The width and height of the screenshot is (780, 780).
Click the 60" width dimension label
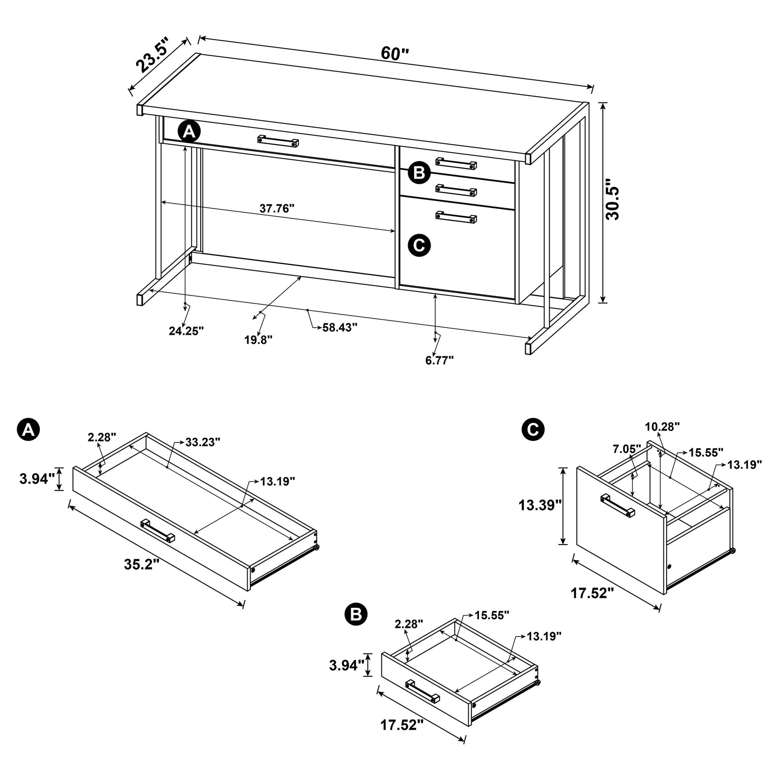[x=394, y=53]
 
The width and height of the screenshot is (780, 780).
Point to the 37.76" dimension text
[x=277, y=208]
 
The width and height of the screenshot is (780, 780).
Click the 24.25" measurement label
[x=186, y=331]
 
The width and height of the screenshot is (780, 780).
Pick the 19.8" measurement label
[x=258, y=340]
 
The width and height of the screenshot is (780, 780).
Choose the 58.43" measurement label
[x=340, y=327]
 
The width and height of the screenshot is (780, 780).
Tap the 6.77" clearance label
[x=439, y=360]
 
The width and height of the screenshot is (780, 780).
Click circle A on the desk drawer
[x=189, y=132]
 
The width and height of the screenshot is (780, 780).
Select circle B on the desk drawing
[x=419, y=173]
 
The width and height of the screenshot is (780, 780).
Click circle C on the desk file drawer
[x=419, y=245]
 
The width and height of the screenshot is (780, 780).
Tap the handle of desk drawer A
[x=278, y=141]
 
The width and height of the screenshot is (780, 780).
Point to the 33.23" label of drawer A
[x=202, y=442]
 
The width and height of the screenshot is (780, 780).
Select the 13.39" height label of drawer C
[x=540, y=505]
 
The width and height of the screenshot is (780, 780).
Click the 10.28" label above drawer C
[x=662, y=426]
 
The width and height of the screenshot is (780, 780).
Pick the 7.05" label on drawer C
[x=627, y=449]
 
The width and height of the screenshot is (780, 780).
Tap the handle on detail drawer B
[x=422, y=691]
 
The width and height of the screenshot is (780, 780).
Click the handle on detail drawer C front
[x=617, y=505]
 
